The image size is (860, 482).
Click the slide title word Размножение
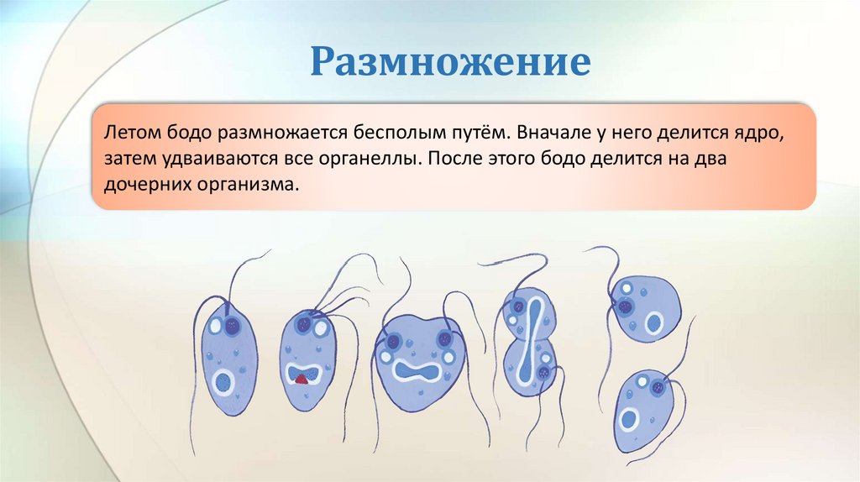451,62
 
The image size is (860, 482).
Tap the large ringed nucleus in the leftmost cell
224,382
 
